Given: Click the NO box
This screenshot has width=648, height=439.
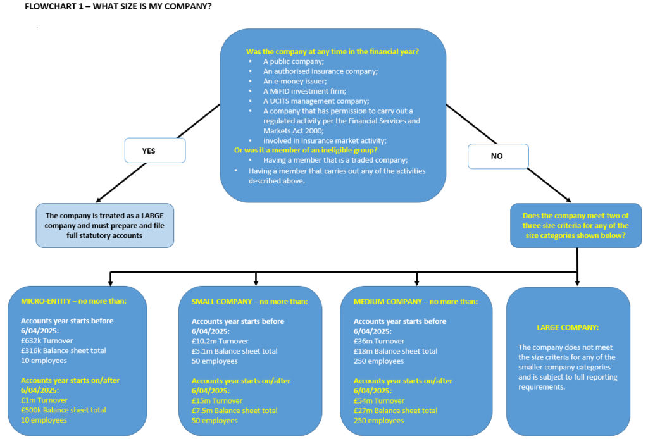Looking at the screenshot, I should coord(497,156).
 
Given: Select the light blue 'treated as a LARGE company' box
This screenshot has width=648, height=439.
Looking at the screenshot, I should coord(104,225).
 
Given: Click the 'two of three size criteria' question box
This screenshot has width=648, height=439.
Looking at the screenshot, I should coord(575,225).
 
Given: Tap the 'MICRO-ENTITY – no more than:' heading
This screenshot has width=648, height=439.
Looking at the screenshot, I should coord(74,301).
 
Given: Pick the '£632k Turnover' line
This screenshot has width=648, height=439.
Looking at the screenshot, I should coord(47,340).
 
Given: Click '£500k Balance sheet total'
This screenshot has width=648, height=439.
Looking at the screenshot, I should coord(63,410).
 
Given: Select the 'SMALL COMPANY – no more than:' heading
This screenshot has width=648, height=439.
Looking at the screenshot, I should coord(249,301).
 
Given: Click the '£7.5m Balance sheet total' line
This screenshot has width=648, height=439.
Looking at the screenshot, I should coord(234,411).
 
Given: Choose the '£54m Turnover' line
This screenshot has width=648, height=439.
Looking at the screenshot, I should coord(380,401).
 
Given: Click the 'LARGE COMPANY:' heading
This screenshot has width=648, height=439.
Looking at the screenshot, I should coord(568,328).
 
